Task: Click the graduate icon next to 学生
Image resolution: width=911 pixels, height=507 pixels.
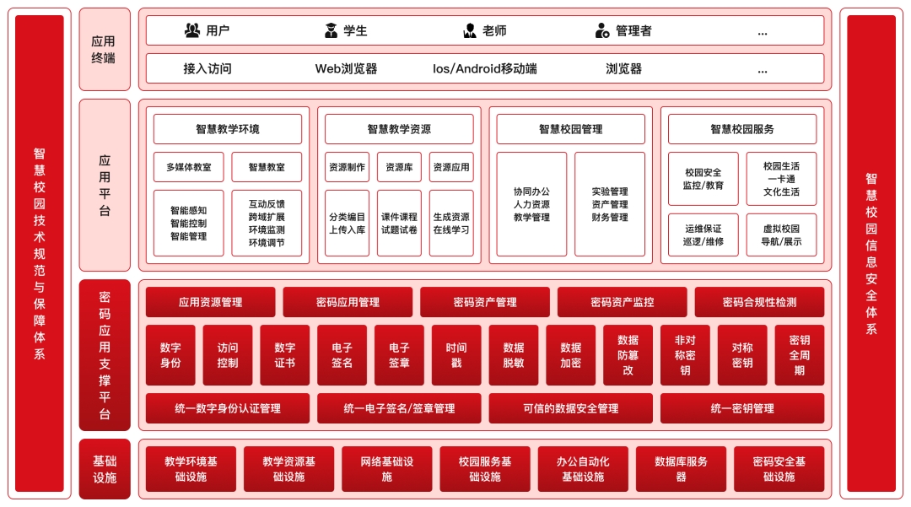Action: coord(332,31)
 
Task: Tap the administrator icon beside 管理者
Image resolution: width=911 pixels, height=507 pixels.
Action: coord(602,31)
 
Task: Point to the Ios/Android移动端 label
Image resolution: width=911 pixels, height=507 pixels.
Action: coord(485,68)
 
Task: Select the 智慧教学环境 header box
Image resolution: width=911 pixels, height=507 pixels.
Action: coord(228,129)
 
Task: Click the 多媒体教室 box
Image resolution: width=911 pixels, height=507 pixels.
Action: coord(189,167)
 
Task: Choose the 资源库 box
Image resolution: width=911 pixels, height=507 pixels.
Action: coord(399,167)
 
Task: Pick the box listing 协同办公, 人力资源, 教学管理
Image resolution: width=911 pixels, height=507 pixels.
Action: coord(531,204)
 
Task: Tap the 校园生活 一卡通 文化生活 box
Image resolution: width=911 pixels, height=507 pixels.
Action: coord(781,179)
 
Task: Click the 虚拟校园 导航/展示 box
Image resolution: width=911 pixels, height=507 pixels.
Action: coord(781,235)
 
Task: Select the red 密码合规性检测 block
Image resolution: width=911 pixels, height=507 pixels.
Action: coord(759,302)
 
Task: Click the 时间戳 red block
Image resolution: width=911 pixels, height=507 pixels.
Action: coord(456,355)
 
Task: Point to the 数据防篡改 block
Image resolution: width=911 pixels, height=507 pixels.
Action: coord(628,355)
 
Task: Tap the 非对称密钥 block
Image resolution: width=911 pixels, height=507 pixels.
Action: coord(685,355)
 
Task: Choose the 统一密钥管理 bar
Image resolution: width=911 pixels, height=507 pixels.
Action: coord(742,408)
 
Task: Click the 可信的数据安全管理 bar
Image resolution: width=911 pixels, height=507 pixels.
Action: coord(570,408)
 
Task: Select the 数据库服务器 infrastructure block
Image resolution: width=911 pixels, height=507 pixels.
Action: coord(681,469)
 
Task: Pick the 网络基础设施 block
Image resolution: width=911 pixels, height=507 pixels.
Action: coord(387,469)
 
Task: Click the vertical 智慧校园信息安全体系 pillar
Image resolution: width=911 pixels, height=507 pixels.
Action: coord(871,253)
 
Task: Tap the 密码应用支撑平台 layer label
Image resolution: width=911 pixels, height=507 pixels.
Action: coord(105,355)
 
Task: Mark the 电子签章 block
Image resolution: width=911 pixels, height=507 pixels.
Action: coord(399,355)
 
